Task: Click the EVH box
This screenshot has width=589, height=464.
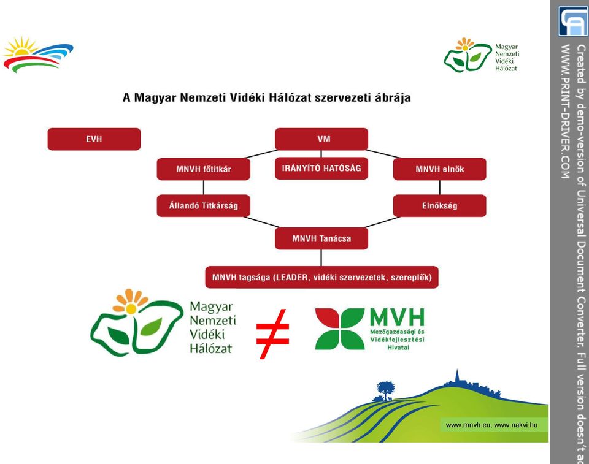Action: tap(94, 139)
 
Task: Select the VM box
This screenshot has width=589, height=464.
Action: tap(321, 139)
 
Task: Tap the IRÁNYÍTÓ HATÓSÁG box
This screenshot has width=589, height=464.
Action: tap(321, 168)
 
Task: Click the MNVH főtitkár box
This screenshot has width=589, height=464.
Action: tap(203, 169)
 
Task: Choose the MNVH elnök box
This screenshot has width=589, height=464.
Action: tap(439, 169)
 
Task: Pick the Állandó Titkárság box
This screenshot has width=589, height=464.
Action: tap(203, 206)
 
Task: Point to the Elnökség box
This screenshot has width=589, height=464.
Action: tap(439, 206)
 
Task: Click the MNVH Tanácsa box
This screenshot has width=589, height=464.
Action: tap(321, 238)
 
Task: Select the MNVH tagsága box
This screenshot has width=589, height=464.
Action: tap(321, 278)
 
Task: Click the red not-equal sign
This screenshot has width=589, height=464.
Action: tap(272, 334)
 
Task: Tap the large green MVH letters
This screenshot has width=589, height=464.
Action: tap(397, 318)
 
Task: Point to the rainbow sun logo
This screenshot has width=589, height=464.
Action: tap(37, 55)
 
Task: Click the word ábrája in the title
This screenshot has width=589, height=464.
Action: tap(393, 98)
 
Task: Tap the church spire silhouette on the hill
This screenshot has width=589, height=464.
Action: tap(457, 375)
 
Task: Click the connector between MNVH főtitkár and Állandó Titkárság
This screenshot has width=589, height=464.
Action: tap(204, 188)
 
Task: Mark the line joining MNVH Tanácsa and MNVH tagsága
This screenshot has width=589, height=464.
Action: tap(321, 258)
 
